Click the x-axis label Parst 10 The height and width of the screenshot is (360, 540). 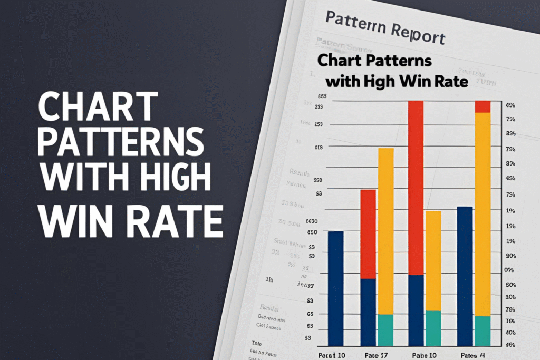pos(333,355)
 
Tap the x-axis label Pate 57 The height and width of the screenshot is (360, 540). pos(377,355)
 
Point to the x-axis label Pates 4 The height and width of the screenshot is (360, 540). pos(473,355)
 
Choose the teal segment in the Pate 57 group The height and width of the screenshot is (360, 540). pos(385,329)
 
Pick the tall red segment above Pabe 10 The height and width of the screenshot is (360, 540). pos(417,187)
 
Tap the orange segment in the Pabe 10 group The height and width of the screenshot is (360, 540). pos(433,260)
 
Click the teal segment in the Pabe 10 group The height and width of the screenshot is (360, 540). pos(433,328)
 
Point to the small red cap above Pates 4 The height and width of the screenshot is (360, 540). pos(483,106)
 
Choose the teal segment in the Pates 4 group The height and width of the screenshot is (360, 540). pos(483,330)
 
